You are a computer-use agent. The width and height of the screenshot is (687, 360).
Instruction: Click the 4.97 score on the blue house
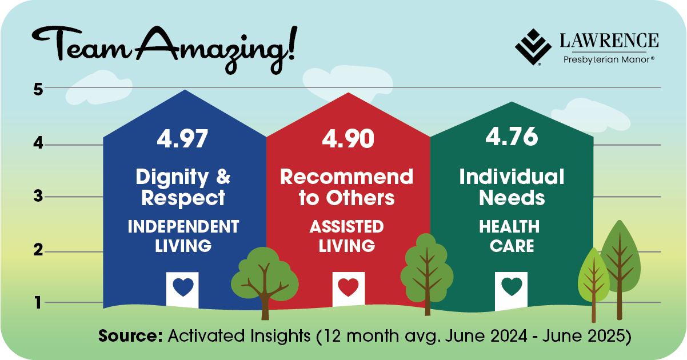tap(182, 139)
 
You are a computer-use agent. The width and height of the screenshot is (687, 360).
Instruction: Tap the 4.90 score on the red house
tap(348, 139)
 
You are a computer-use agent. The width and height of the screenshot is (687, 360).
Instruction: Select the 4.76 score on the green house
tap(512, 136)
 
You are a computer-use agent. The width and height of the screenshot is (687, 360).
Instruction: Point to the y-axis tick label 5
tap(38, 90)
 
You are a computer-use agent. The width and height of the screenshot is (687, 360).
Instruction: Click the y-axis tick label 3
tap(38, 196)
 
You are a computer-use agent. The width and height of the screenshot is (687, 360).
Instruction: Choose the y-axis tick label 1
tap(38, 303)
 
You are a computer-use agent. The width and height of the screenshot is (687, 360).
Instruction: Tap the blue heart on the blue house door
tap(183, 287)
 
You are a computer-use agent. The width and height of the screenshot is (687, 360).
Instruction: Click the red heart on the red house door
tap(348, 287)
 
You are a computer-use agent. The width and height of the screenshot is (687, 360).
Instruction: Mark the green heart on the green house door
tap(512, 286)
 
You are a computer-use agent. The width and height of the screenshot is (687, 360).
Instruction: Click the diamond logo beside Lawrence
tap(533, 47)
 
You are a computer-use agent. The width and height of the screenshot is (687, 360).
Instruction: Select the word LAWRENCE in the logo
tap(609, 41)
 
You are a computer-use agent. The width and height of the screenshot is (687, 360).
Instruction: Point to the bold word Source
tap(130, 335)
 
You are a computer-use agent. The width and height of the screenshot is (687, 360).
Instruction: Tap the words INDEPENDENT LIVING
tap(183, 236)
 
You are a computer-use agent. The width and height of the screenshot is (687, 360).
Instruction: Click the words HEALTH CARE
tap(510, 236)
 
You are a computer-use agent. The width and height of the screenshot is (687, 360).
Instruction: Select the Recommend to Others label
tap(346, 187)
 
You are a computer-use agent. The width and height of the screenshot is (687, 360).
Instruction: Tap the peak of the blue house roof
tap(185, 90)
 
